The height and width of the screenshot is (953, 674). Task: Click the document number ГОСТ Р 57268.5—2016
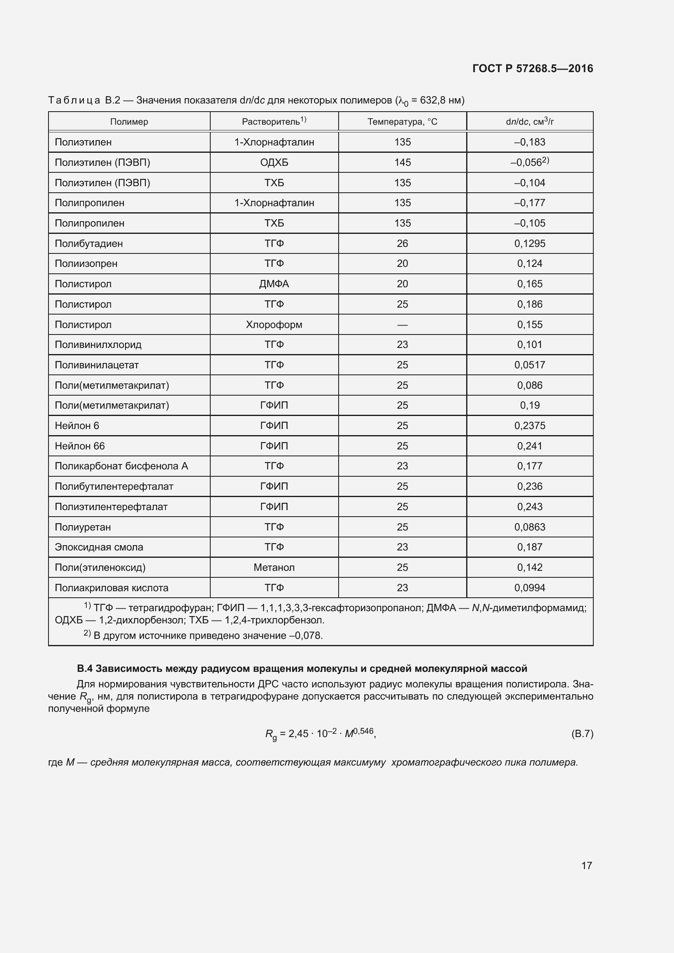[533, 68]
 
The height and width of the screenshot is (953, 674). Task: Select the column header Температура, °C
[402, 121]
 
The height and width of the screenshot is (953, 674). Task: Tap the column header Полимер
[129, 121]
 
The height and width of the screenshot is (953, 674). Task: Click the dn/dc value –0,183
[530, 142]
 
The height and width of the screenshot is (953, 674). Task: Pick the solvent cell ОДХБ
[274, 162]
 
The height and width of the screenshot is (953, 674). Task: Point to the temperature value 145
[402, 162]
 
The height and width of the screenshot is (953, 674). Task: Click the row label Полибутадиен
[89, 244]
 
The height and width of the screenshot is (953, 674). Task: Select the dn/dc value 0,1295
[530, 244]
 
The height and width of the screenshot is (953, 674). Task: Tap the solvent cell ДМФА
[274, 284]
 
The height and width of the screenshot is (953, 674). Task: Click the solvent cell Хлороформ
[274, 325]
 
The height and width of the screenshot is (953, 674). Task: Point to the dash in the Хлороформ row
[402, 325]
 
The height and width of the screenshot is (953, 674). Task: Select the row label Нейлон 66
[80, 446]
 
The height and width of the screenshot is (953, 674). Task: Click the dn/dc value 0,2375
[530, 426]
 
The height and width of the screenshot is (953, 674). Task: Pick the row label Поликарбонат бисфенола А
[121, 466]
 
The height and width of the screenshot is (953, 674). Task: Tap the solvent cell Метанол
[274, 568]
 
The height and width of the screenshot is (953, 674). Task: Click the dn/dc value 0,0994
[530, 588]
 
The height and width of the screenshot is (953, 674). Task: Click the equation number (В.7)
[582, 734]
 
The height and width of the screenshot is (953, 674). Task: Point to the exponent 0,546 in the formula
[363, 731]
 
